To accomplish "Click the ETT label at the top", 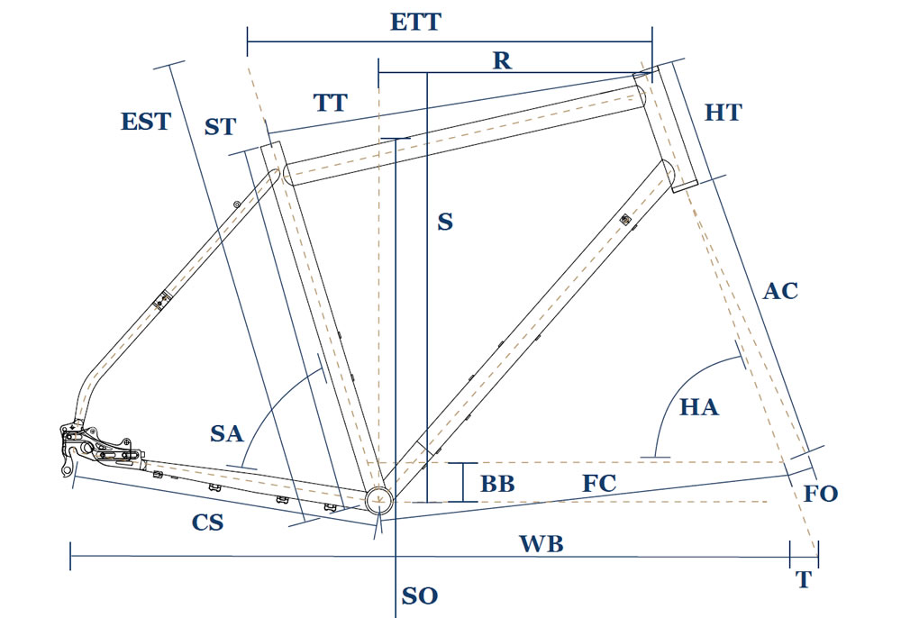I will point(415,22).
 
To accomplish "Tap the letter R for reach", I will point(502,60).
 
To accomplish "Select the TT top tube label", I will point(331,102).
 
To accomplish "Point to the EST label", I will point(145,121).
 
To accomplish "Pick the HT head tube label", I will point(723,113).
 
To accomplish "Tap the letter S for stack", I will point(444,221).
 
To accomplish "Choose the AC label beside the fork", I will point(779,291).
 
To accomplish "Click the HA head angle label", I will point(698,407).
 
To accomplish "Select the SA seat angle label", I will point(227,433).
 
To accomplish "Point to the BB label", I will point(496,484).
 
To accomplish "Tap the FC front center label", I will point(598,484).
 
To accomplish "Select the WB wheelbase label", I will point(541,543).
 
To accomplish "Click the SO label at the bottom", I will point(419,595).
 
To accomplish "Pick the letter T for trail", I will point(803,580).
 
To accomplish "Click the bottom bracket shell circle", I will point(378,500).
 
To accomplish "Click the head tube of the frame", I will point(665,126).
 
